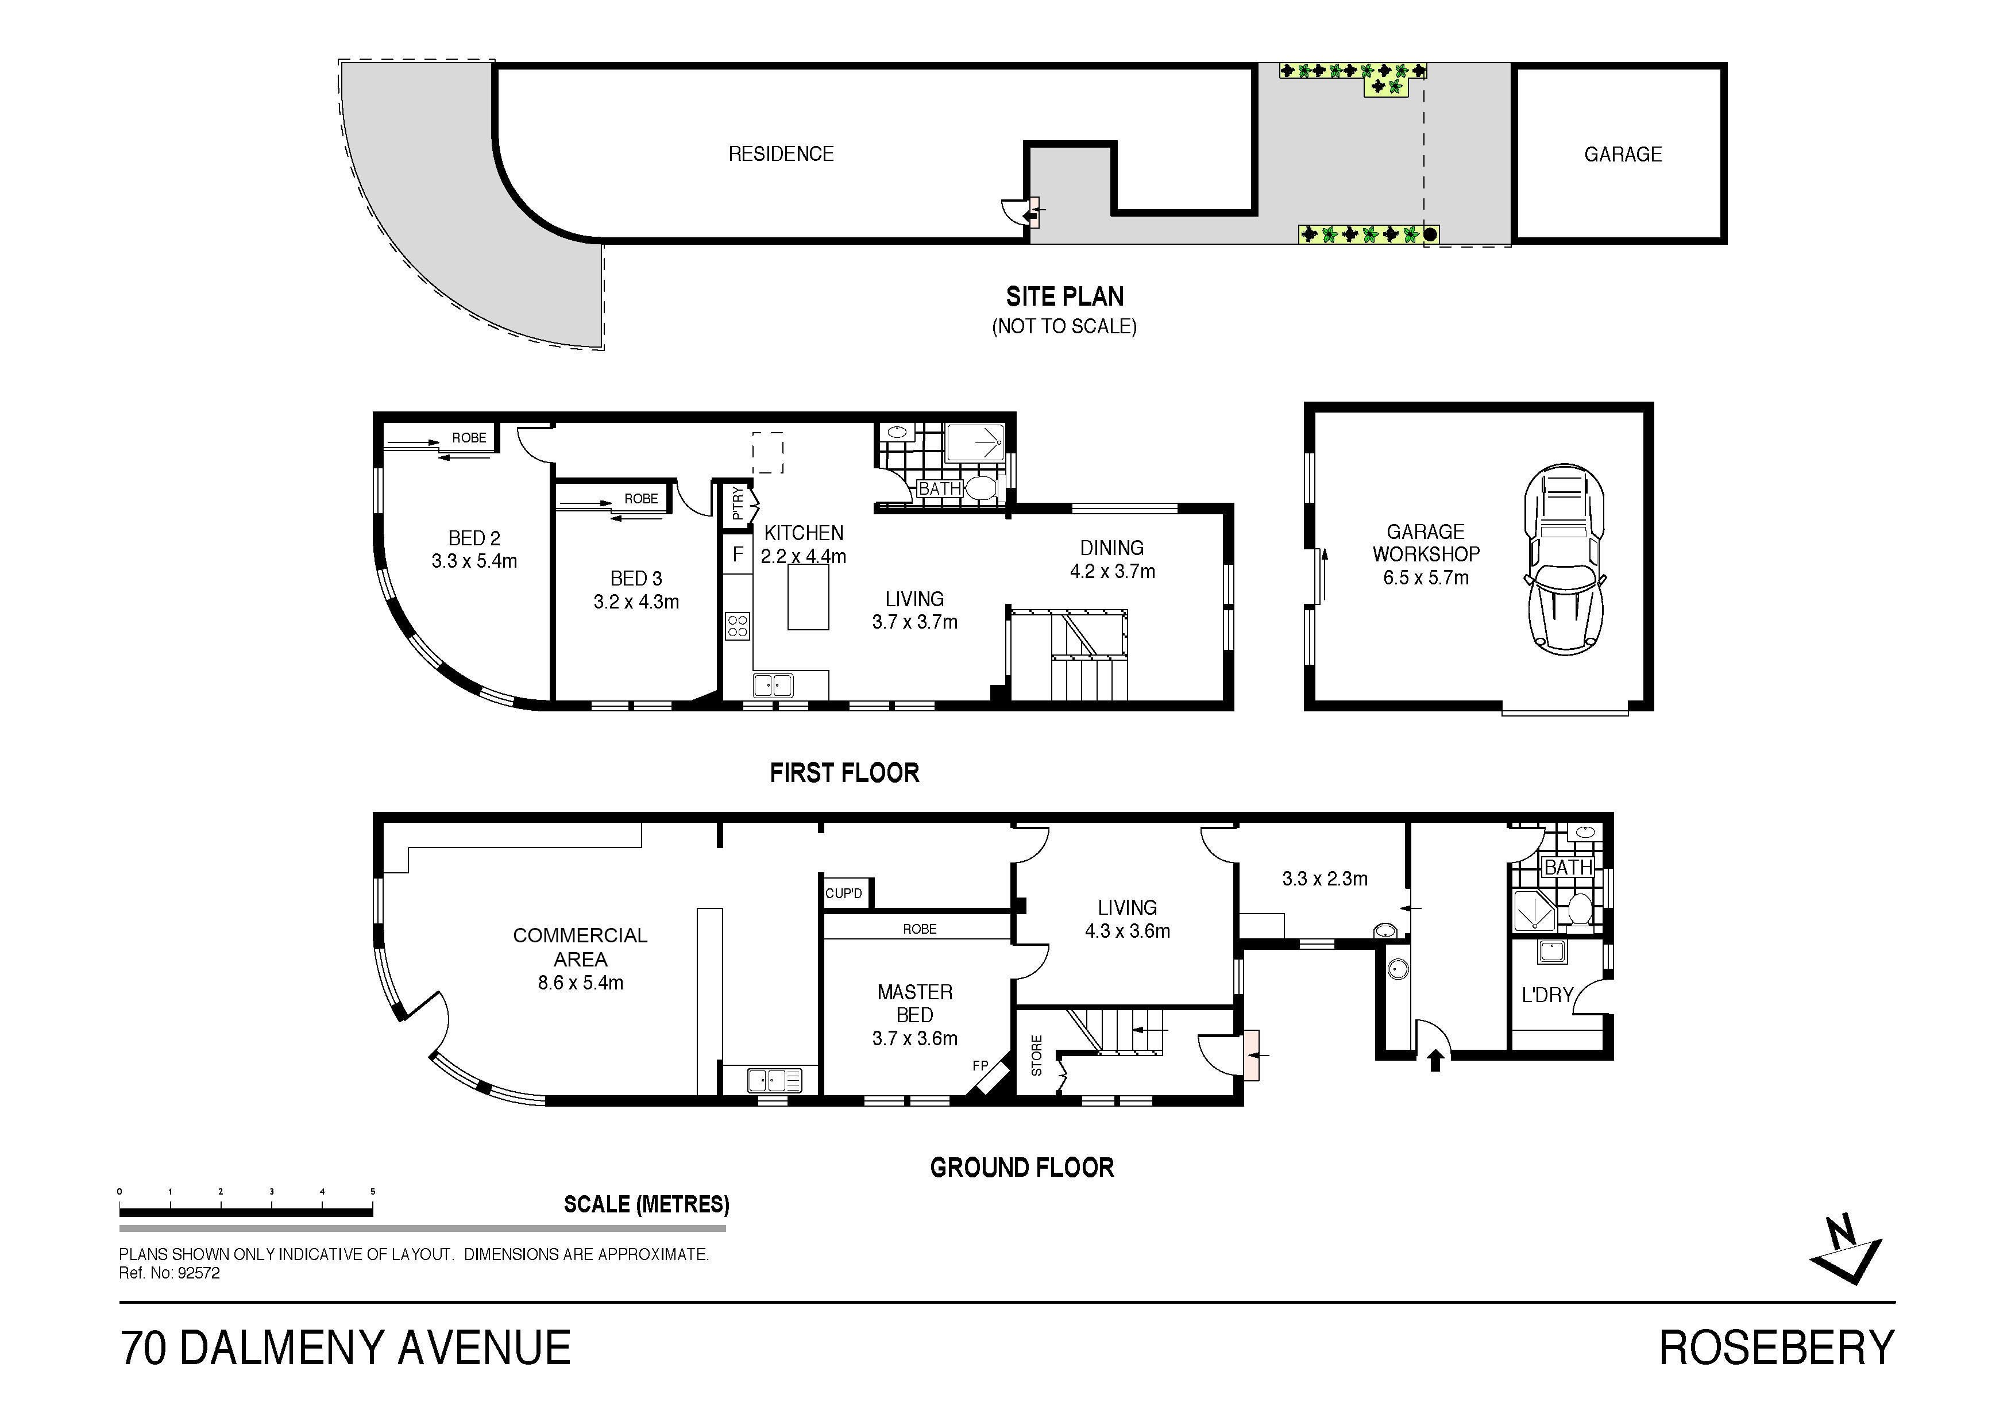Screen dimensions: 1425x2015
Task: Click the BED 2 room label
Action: coord(474,538)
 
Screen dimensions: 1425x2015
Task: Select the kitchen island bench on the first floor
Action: coord(808,597)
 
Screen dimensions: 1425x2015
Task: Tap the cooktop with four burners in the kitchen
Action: coord(737,626)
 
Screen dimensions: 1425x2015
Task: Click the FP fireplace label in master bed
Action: coord(981,1066)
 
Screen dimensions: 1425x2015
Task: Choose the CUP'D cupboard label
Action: coord(843,894)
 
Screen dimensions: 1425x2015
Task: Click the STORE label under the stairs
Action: coord(1036,1056)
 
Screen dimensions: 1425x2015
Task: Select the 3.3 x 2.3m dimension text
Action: coord(1325,879)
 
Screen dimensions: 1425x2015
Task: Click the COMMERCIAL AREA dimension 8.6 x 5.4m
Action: coord(580,983)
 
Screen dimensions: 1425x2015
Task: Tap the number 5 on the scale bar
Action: coord(373,1192)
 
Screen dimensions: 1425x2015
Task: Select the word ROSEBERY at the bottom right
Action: coord(1776,1349)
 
